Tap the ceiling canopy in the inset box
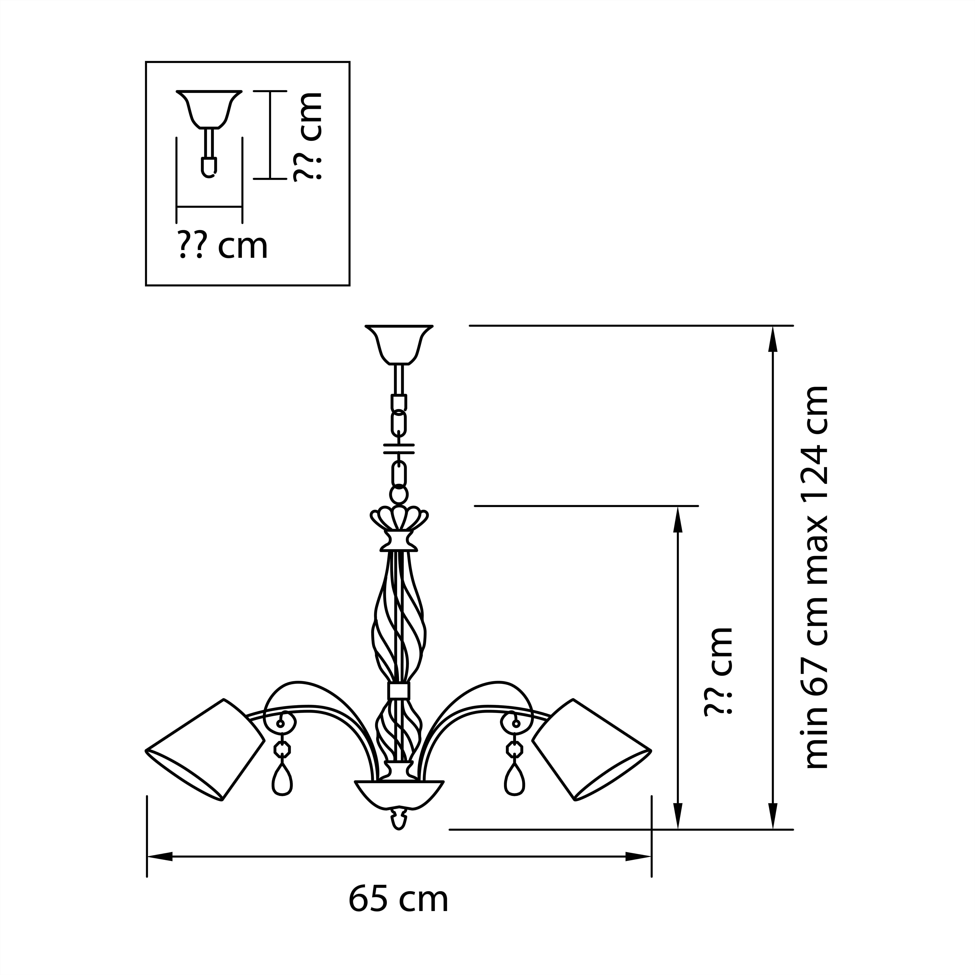pos(209,109)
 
